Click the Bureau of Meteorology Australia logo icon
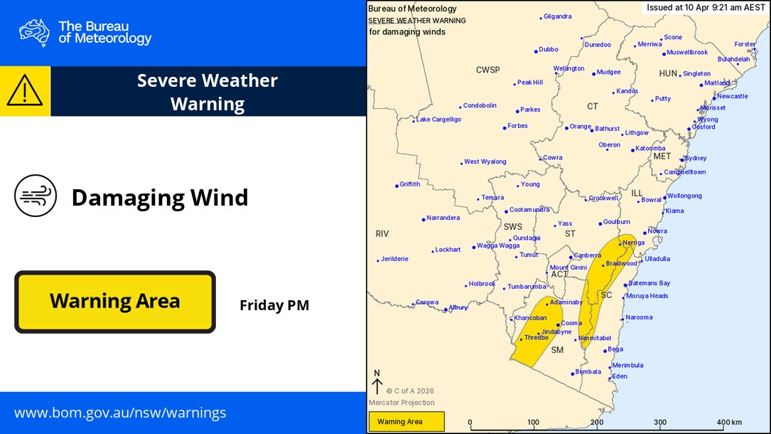tap(34, 33)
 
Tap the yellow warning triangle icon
tap(25, 90)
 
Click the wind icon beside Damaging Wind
tap(36, 196)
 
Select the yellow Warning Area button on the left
tap(115, 302)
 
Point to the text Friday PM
tap(274, 306)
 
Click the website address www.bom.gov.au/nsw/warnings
tap(120, 413)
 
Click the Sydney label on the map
tap(695, 159)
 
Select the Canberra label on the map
tap(587, 255)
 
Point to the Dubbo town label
tap(548, 50)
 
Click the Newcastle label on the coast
tap(732, 96)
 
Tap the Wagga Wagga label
tap(497, 245)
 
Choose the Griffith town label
tap(409, 184)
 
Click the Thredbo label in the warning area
tap(536, 337)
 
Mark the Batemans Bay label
tap(649, 283)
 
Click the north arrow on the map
tap(377, 383)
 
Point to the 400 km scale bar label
tap(728, 423)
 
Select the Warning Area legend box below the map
tap(406, 422)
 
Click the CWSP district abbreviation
tap(488, 70)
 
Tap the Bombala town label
tap(588, 372)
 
